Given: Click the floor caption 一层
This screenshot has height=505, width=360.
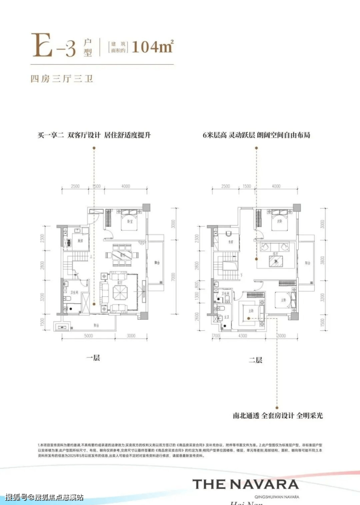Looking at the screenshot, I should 93,359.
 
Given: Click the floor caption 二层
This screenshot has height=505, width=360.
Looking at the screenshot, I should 255,360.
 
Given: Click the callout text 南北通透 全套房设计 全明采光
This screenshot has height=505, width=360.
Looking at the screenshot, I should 278,416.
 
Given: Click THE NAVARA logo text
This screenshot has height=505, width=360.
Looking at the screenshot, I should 245,484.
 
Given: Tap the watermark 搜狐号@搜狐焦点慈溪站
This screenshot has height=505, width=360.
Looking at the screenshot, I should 44,497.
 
